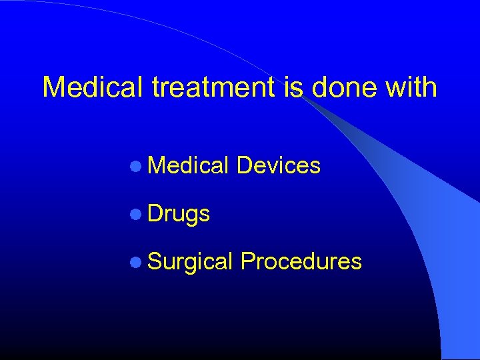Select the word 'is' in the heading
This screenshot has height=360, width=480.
click(x=293, y=87)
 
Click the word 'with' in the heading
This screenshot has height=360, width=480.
click(x=413, y=87)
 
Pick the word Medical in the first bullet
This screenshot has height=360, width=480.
click(x=189, y=165)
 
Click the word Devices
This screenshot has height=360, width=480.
click(x=279, y=165)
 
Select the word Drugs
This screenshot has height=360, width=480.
click(x=179, y=213)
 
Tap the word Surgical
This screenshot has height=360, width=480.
click(x=190, y=261)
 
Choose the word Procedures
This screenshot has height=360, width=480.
click(x=301, y=261)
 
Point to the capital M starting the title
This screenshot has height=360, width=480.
click(x=53, y=87)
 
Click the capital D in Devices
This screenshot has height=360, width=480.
click(x=244, y=165)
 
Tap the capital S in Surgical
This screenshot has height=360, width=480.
click(x=155, y=261)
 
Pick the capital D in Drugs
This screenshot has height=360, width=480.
click(x=155, y=213)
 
